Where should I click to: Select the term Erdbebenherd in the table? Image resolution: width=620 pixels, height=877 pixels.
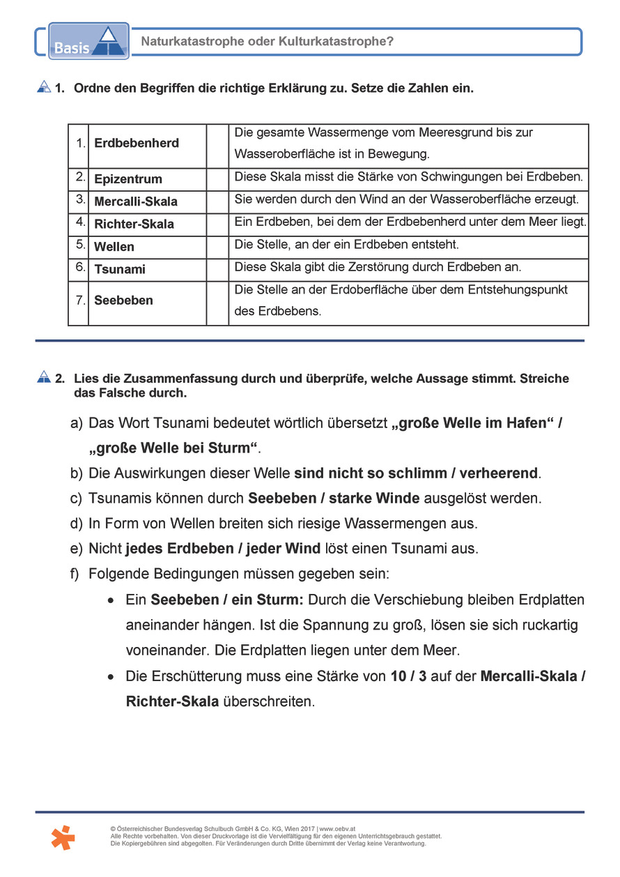click(137, 143)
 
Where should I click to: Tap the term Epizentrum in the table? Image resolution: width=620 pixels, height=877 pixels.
click(128, 179)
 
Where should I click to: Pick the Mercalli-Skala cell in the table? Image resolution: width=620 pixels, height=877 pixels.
click(136, 201)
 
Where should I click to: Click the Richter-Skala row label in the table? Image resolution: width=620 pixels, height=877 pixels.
click(134, 224)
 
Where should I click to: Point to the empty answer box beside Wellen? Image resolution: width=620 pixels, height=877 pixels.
click(217, 247)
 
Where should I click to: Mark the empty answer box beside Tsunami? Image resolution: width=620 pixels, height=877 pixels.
click(217, 269)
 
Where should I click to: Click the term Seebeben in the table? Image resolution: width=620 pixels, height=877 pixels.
click(123, 300)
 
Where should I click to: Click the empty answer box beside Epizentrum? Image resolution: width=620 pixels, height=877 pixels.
click(217, 179)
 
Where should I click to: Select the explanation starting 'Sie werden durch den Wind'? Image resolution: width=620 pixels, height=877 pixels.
click(406, 200)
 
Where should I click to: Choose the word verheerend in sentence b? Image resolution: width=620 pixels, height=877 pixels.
click(499, 473)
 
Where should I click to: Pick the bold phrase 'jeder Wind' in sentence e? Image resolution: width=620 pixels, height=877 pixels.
click(284, 549)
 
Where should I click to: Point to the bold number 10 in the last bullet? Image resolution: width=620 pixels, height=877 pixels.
click(398, 676)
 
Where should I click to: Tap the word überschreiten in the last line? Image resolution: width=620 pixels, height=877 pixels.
click(269, 701)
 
